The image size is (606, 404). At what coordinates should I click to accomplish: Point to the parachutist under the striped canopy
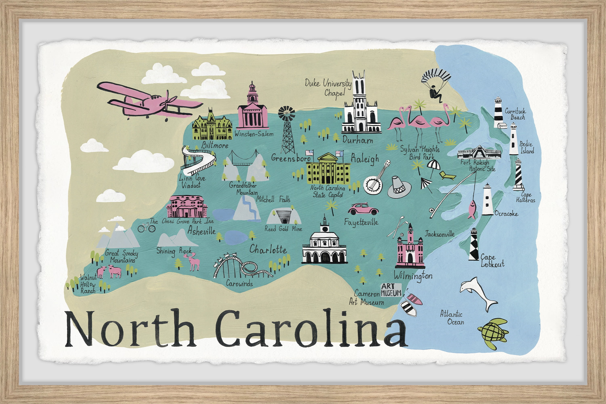coord(436,94)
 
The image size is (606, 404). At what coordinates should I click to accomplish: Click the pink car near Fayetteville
coord(363,209)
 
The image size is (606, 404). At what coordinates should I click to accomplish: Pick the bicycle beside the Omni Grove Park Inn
coord(146,228)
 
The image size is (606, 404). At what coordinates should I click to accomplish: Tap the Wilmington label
coord(413,276)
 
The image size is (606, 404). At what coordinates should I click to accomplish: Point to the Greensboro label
coord(291,158)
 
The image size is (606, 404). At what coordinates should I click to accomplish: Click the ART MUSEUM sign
coord(391,290)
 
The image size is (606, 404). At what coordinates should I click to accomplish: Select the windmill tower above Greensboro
coord(287,132)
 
